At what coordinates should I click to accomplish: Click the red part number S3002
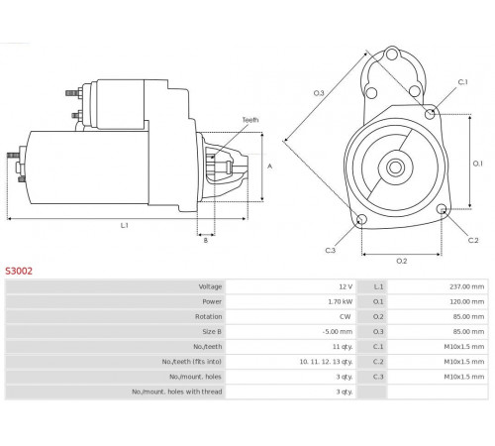click(19, 271)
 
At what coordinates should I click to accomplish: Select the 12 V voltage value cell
click(346, 286)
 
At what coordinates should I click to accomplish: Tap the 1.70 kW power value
click(341, 301)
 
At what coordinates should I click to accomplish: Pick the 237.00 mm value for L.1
click(467, 286)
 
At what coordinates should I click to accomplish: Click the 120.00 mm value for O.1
click(467, 301)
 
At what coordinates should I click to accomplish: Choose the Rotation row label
click(208, 316)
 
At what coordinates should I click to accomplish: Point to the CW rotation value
click(346, 316)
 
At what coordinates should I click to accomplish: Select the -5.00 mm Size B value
click(338, 331)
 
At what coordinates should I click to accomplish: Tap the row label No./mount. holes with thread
click(177, 391)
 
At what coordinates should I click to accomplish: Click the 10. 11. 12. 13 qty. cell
click(326, 362)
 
